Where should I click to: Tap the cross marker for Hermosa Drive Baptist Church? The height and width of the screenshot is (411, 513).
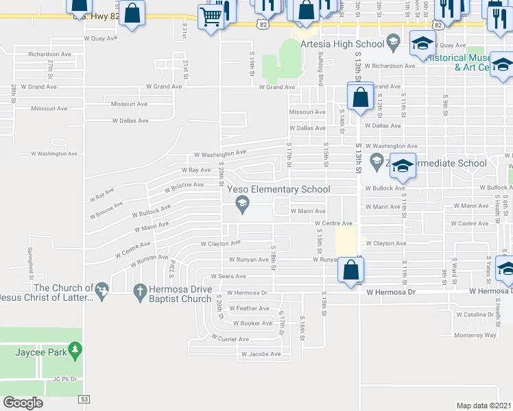(141, 292)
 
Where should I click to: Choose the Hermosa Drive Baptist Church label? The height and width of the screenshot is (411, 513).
(181, 294)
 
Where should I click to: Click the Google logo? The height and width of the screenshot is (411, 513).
(23, 403)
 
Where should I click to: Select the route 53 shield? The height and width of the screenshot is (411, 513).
(84, 399)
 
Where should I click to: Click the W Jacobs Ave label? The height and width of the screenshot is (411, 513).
(261, 354)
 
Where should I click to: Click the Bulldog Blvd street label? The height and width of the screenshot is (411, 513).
(321, 69)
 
